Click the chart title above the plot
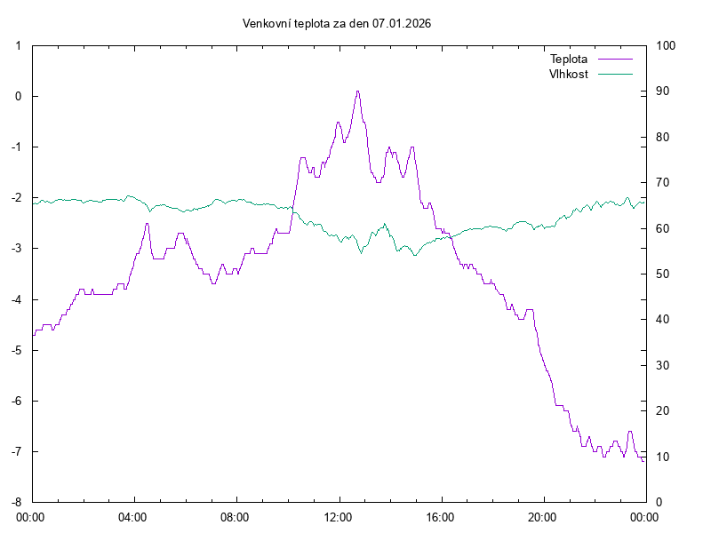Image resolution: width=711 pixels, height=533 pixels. coord(337,24)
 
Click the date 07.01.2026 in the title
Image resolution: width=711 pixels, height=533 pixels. coord(402,24)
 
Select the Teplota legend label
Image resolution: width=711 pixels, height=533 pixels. coord(569,59)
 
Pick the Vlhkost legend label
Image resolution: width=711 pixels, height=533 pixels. coord(569,74)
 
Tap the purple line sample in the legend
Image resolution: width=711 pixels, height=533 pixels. coord(615,59)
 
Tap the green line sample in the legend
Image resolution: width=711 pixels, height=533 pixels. coord(615,74)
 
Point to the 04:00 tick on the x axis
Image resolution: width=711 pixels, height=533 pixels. coord(133,516)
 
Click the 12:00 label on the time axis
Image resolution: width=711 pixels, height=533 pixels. coord(338,516)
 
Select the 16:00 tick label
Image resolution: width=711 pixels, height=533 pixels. coord(440,516)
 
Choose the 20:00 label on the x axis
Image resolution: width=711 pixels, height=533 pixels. coord(542,516)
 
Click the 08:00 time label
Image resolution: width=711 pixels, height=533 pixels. coord(236,516)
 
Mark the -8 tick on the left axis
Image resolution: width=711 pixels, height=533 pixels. coord(17,502)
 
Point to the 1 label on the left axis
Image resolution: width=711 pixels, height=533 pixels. coord(20,45)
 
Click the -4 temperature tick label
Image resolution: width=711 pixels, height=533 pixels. coord(17,299)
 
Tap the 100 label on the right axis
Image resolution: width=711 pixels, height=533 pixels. coord(666,45)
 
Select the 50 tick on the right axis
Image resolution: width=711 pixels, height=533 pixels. coord(663,274)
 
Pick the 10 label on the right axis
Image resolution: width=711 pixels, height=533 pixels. coord(663,457)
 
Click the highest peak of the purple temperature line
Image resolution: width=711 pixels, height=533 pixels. coord(357,91)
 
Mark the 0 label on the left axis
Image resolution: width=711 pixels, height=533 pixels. coord(20,96)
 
